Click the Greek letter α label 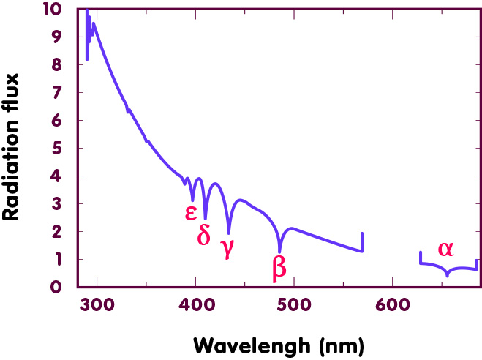pos(445,249)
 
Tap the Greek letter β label pos(279,267)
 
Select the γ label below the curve pos(227,247)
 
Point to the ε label pos(190,212)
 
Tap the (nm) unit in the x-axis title pos(337,344)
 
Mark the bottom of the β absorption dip pos(279,251)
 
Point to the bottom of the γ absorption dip pos(229,233)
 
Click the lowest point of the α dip pos(448,275)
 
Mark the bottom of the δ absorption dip pos(205,218)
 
